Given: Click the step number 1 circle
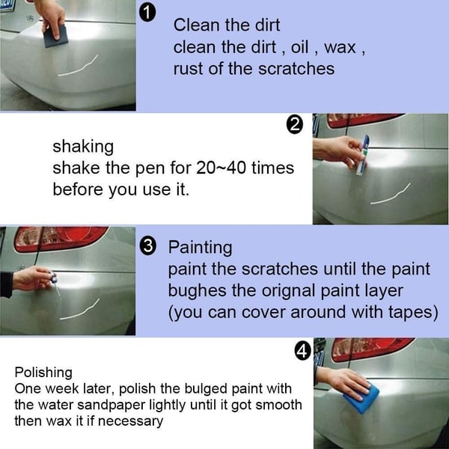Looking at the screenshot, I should pos(148,13).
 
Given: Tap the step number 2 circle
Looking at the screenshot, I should pos(295,125).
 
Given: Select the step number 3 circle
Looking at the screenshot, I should pos(148,246).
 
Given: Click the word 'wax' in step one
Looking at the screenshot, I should pos(341,47).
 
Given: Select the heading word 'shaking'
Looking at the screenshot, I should pos(83,146).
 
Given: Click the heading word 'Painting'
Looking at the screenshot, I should pos(200,247).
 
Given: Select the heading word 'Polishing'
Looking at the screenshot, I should pos(43,372).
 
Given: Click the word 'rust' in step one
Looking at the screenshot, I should pos(188,69).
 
